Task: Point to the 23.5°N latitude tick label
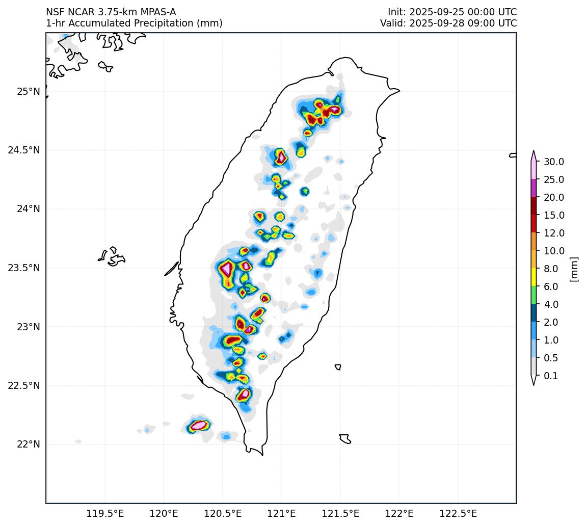click(x=23, y=268)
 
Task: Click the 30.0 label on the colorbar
click(x=553, y=162)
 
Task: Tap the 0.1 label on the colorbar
click(x=551, y=376)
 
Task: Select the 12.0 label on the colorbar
click(x=553, y=233)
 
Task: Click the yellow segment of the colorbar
click(x=534, y=277)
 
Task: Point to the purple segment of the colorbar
click(x=534, y=188)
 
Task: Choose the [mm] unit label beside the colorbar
click(x=574, y=269)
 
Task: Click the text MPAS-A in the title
click(x=159, y=12)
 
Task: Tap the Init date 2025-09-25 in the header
click(x=437, y=12)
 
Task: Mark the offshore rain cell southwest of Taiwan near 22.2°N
click(x=198, y=425)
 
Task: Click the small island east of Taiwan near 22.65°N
click(x=338, y=367)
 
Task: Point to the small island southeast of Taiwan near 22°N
click(x=345, y=439)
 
